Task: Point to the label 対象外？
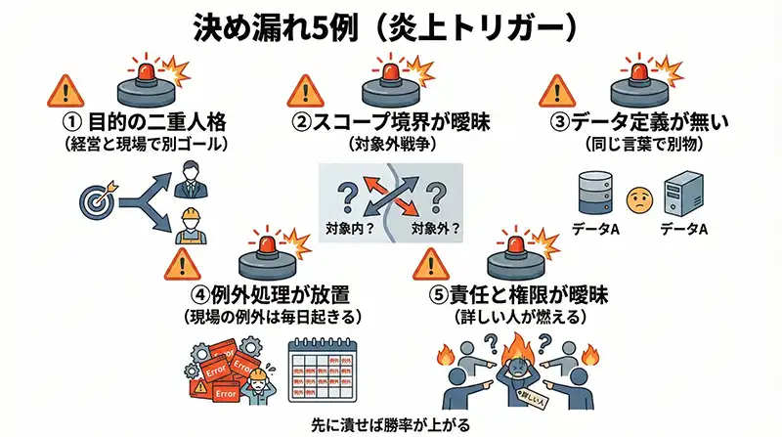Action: click(x=434, y=232)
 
